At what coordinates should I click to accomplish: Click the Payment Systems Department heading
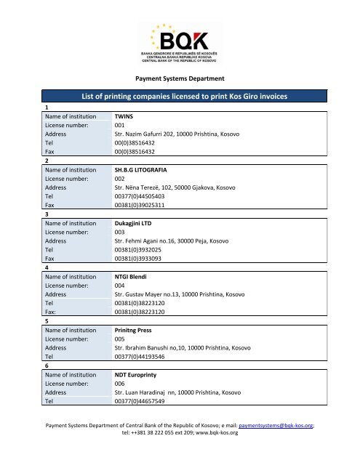(x=180, y=78)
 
